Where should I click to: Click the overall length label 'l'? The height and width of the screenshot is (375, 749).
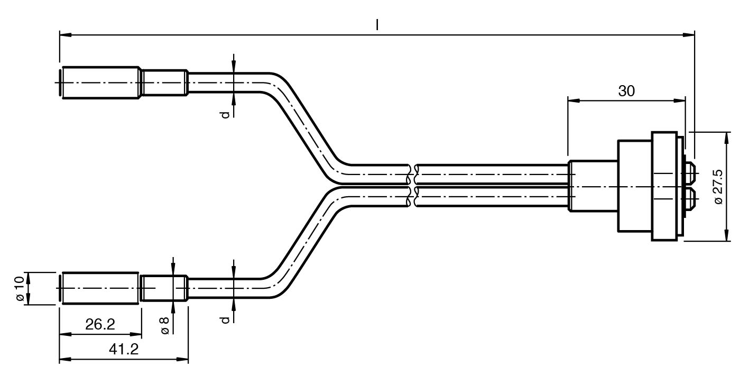click(377, 24)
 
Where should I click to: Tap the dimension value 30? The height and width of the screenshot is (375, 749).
click(626, 91)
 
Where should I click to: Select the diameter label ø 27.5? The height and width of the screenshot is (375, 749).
click(718, 187)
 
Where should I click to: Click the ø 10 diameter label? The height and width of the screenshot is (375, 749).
click(20, 289)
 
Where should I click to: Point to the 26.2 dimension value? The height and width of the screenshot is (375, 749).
click(100, 324)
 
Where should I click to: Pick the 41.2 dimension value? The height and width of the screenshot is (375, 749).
click(123, 349)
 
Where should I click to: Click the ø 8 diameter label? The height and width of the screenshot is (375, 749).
click(164, 325)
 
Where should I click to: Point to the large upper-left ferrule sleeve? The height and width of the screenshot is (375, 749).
click(101, 83)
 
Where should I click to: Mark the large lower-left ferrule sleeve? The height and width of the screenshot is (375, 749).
click(100, 288)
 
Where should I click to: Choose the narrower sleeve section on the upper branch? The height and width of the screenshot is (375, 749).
click(164, 83)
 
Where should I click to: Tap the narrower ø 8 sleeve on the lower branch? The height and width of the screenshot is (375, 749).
click(164, 288)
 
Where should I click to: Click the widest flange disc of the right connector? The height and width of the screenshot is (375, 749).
click(665, 186)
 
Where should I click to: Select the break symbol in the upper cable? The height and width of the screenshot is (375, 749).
click(412, 174)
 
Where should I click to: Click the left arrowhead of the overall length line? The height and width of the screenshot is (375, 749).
click(65, 35)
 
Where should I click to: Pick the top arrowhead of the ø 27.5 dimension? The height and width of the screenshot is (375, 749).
click(727, 138)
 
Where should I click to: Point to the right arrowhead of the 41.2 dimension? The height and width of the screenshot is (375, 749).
click(182, 359)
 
